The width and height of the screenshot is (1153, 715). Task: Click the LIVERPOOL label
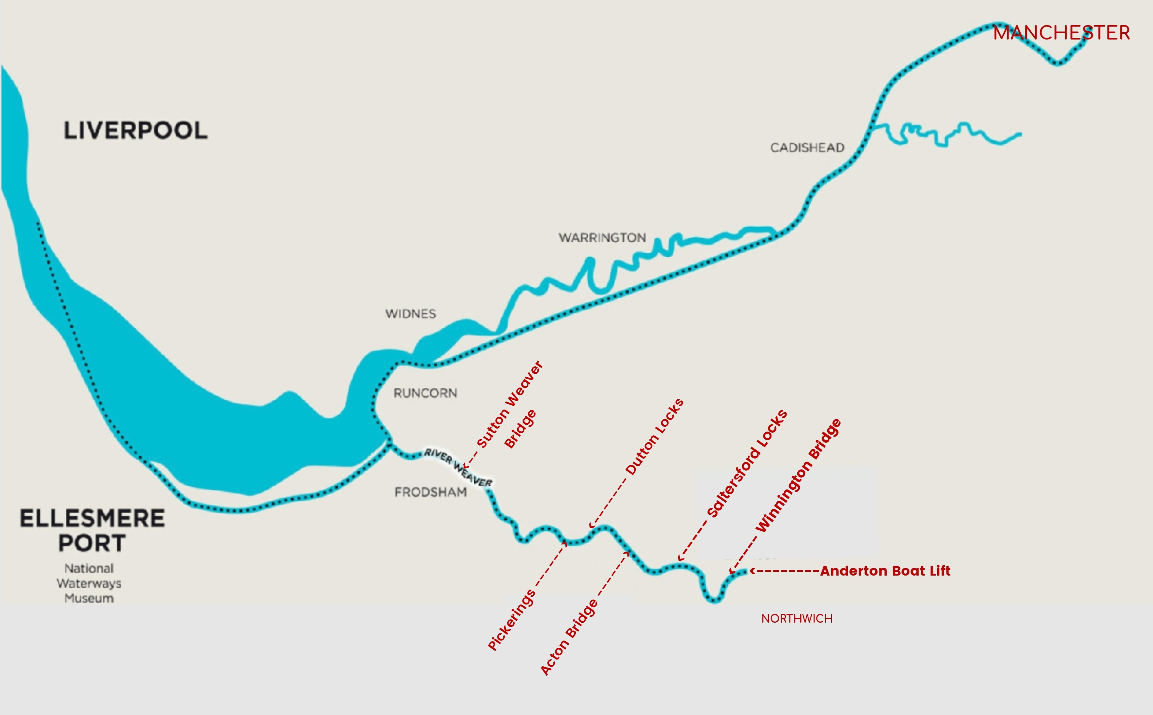[x=136, y=131]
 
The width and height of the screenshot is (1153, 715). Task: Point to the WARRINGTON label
[x=602, y=237]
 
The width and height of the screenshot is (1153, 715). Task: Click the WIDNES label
[x=410, y=314]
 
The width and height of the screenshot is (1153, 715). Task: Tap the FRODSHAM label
[x=430, y=492]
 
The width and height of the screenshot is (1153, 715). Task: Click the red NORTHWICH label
[x=797, y=619]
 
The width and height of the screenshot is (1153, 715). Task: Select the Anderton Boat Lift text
[x=885, y=571]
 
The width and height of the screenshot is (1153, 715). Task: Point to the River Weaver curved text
[x=458, y=468]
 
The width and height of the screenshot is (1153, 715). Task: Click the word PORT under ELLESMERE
[x=92, y=543]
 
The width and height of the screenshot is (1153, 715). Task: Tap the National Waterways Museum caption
[x=89, y=583]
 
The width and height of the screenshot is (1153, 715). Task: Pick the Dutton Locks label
[x=654, y=437]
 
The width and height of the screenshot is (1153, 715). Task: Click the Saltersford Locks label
[x=747, y=463]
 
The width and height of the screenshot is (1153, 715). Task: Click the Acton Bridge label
[x=569, y=637]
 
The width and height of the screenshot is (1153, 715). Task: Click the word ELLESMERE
[x=92, y=518]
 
